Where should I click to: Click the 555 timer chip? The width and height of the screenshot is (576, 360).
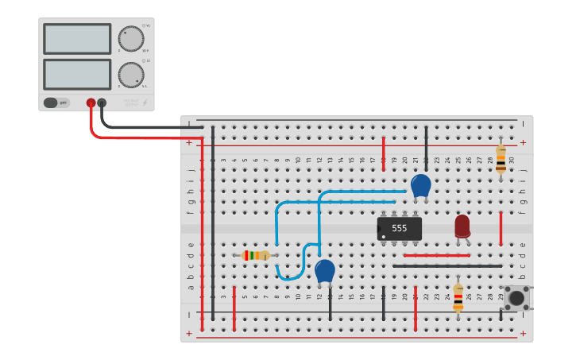click(x=399, y=228)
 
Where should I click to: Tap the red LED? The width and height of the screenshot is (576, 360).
click(x=462, y=226)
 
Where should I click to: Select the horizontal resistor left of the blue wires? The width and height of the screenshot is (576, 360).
click(x=256, y=255)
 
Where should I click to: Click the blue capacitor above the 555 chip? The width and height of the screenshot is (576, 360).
click(x=420, y=185)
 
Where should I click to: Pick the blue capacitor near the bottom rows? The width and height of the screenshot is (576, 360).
click(x=324, y=270)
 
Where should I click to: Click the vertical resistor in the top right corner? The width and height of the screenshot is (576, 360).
click(x=501, y=159)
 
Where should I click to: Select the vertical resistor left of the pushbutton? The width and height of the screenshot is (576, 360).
click(x=458, y=296)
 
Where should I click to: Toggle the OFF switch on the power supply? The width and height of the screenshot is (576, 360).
click(x=56, y=103)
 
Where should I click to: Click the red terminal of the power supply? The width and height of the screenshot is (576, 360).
click(x=91, y=103)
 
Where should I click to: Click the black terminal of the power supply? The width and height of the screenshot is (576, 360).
click(x=102, y=103)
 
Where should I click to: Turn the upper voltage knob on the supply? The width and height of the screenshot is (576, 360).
click(x=130, y=38)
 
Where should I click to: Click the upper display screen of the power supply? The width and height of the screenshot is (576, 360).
click(x=77, y=39)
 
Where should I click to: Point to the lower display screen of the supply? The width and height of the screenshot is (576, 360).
click(x=77, y=74)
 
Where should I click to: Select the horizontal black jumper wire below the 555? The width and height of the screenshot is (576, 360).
click(x=447, y=266)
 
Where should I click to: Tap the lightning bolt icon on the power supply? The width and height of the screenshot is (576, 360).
click(x=145, y=103)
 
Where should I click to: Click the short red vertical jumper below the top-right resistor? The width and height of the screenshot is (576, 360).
click(x=501, y=228)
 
